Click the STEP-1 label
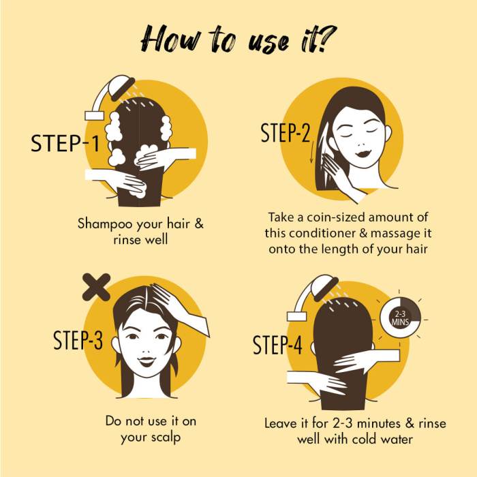click(65, 143)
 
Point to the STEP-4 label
click(277, 345)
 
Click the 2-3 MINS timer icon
click(400, 317)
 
